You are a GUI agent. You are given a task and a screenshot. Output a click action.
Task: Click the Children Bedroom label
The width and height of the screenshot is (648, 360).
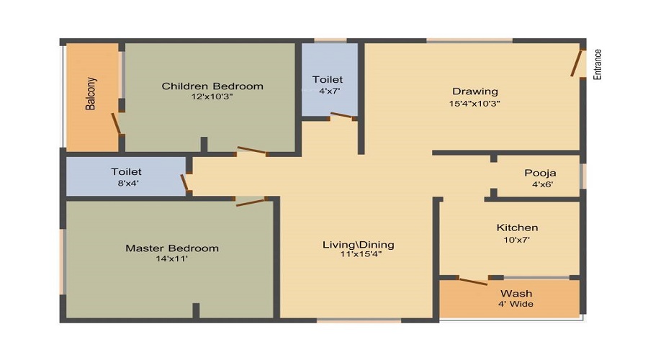point(212,86)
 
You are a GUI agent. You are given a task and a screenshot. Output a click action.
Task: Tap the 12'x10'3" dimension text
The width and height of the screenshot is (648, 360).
point(212,96)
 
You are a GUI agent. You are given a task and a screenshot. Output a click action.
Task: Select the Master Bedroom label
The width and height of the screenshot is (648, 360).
point(172,248)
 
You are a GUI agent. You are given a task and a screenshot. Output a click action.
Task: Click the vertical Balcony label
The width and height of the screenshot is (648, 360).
point(91,94)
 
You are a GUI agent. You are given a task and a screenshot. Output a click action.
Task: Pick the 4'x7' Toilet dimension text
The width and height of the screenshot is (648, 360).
point(328,91)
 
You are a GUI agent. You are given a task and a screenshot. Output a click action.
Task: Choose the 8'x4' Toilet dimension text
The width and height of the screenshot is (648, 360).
point(126,183)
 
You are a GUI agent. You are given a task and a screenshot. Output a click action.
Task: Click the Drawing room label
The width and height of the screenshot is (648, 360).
point(474,91)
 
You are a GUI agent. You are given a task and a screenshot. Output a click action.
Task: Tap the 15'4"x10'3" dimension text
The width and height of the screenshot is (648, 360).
point(474,102)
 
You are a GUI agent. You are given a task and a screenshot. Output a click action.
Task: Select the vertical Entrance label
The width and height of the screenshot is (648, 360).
point(597,65)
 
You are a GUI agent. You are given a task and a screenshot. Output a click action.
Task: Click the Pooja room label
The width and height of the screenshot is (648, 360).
point(540,174)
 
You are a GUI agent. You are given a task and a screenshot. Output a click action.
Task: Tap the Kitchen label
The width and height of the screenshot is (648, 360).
point(517,228)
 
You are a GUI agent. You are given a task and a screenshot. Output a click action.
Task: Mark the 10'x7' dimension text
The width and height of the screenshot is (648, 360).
point(517,240)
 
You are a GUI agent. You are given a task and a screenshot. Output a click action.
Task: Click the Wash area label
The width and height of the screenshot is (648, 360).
point(516,293)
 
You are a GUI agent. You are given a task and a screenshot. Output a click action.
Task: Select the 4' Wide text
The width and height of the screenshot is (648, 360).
point(516,304)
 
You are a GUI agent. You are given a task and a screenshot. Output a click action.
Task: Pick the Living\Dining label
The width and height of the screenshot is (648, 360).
point(358,245)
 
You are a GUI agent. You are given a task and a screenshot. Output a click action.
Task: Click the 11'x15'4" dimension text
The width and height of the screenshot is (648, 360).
point(358,254)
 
